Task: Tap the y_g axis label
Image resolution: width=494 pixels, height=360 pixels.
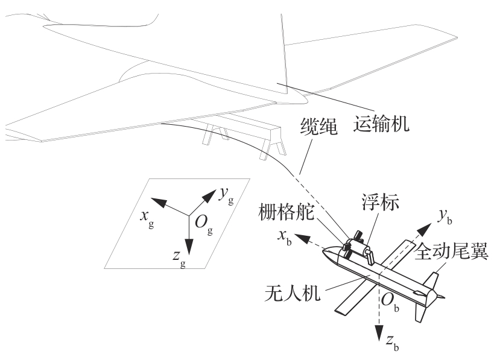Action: [x=225, y=194]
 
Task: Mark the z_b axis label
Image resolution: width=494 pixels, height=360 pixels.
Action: [x=391, y=346]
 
